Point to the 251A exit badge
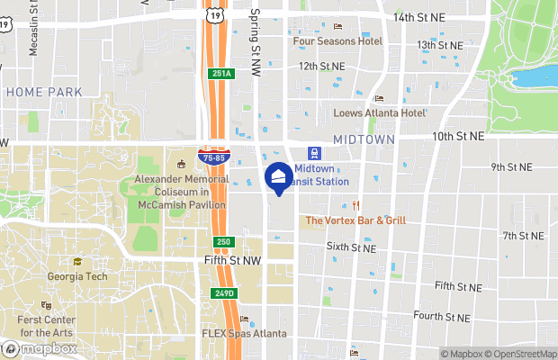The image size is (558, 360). (x=221, y=74)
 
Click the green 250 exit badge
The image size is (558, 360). (x=223, y=242)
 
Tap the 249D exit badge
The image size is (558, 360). (x=225, y=293)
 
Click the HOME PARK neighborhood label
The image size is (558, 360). (x=43, y=92)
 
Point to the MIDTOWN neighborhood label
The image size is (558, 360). (x=364, y=139)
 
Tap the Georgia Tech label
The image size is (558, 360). (x=76, y=276)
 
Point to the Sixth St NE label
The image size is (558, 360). (x=350, y=246)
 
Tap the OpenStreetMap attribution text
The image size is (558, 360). (x=521, y=354)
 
